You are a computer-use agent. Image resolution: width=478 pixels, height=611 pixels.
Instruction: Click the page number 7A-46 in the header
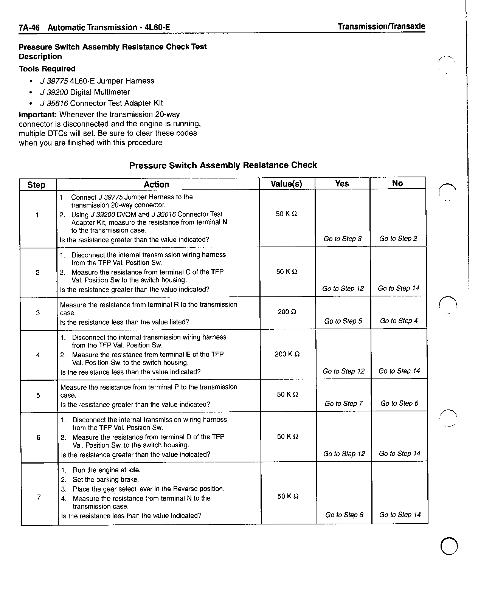coord(29,28)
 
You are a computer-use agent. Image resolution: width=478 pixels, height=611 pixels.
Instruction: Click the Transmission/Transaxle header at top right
coord(381,26)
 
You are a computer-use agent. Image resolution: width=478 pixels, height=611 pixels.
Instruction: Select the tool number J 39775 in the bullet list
coord(54,81)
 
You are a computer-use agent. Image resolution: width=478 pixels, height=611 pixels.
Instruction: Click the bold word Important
coord(38,115)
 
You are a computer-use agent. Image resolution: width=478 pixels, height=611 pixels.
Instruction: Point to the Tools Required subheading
coord(47,69)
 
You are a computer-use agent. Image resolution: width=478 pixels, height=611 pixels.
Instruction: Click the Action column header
coord(156,185)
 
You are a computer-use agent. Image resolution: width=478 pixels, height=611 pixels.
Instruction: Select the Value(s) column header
coord(286,184)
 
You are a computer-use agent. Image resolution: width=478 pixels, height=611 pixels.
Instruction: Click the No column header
coord(397,183)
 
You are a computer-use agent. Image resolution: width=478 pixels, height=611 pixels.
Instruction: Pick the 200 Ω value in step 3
coord(287,312)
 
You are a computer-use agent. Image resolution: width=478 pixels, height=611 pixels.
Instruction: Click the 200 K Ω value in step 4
coord(287,354)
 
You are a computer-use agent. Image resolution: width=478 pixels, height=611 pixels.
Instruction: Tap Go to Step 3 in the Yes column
coord(343,239)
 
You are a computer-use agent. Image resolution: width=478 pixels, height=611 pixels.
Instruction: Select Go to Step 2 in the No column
coord(398,239)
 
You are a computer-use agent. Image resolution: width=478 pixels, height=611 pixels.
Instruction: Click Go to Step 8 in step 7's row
coord(344,515)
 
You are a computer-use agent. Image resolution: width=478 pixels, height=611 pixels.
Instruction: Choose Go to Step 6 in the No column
coord(399,403)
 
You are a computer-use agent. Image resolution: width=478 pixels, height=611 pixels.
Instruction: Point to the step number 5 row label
coord(38,395)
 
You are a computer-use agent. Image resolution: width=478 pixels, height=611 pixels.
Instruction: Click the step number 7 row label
coord(39,497)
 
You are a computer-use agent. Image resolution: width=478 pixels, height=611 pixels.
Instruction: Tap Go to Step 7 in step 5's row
coord(343,404)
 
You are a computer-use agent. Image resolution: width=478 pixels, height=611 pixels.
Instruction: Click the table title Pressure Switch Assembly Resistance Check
coord(223,165)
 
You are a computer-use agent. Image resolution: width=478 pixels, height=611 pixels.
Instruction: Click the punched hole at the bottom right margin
coord(449,546)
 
